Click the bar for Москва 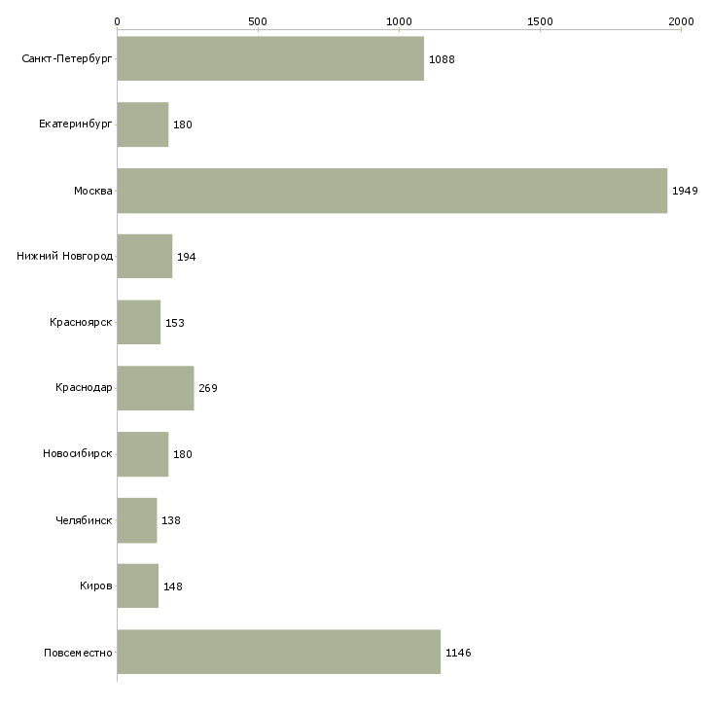[392, 191]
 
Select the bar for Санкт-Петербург [270, 58]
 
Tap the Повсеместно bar [279, 652]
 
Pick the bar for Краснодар [156, 388]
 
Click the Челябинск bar [137, 520]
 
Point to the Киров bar [138, 586]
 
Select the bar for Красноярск [139, 322]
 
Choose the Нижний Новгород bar [145, 256]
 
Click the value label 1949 [685, 191]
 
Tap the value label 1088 [442, 59]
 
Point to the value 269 [208, 388]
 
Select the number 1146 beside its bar [458, 653]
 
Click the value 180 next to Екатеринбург [183, 124]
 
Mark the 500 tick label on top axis [258, 21]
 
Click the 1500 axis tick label [540, 21]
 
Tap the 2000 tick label [681, 21]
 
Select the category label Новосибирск [78, 453]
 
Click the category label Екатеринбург [75, 124]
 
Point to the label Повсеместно [78, 653]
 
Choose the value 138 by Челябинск [171, 520]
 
